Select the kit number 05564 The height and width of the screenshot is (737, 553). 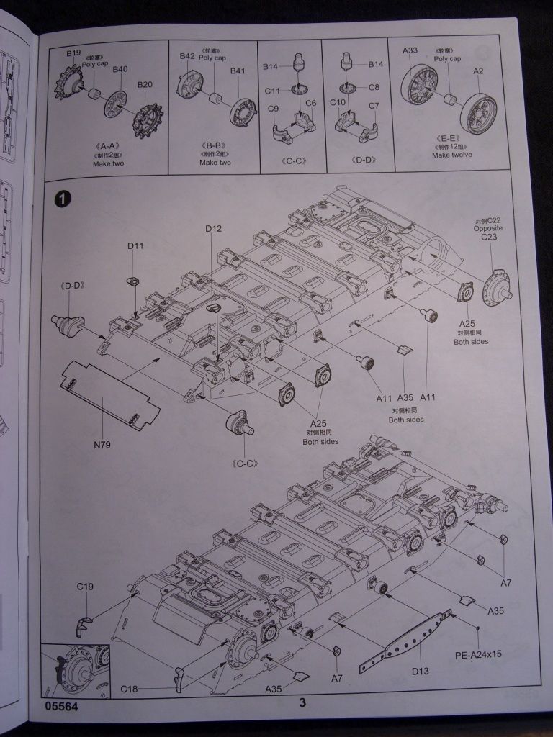click(60, 707)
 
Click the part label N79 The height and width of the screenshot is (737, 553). click(102, 445)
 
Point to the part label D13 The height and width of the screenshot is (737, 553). click(421, 671)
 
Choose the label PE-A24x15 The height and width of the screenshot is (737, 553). click(479, 656)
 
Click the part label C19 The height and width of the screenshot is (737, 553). click(85, 587)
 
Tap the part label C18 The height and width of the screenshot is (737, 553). click(129, 689)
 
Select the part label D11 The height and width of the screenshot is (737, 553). click(135, 246)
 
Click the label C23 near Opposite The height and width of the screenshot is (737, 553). click(488, 237)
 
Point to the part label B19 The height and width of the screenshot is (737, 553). click(74, 53)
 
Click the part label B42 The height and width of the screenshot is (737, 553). click(187, 56)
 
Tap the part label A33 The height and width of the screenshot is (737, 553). click(410, 50)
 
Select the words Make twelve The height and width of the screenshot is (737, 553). click(451, 155)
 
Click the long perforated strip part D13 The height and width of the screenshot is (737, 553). click(413, 633)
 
